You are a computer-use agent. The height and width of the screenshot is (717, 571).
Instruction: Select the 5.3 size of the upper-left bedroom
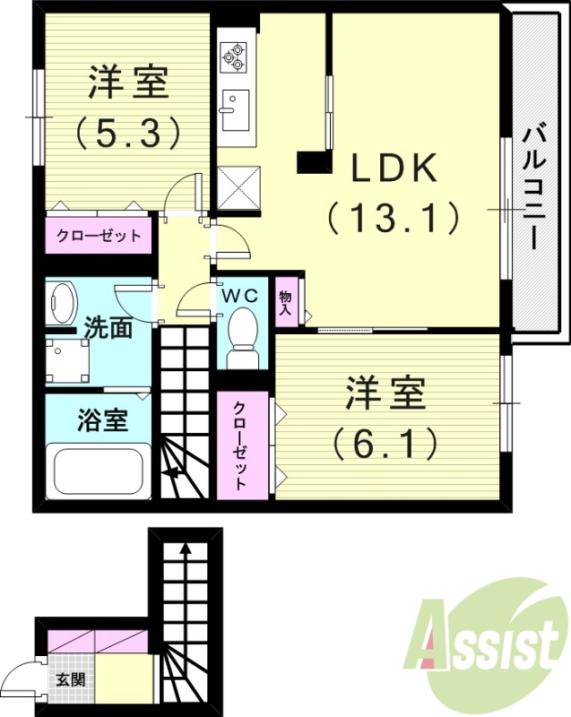tap(127, 134)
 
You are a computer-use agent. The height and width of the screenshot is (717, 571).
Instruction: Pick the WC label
tap(240, 295)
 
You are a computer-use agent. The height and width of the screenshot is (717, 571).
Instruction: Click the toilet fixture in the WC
tap(242, 336)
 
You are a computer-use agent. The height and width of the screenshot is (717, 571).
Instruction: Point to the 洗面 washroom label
tap(108, 328)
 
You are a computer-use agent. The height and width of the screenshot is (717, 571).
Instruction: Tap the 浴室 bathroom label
tap(100, 420)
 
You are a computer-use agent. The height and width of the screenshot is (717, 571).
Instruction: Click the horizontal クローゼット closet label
tap(99, 238)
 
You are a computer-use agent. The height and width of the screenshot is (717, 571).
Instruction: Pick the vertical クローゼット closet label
tap(241, 445)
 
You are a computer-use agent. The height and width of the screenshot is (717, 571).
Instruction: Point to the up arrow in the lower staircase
tap(186, 551)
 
